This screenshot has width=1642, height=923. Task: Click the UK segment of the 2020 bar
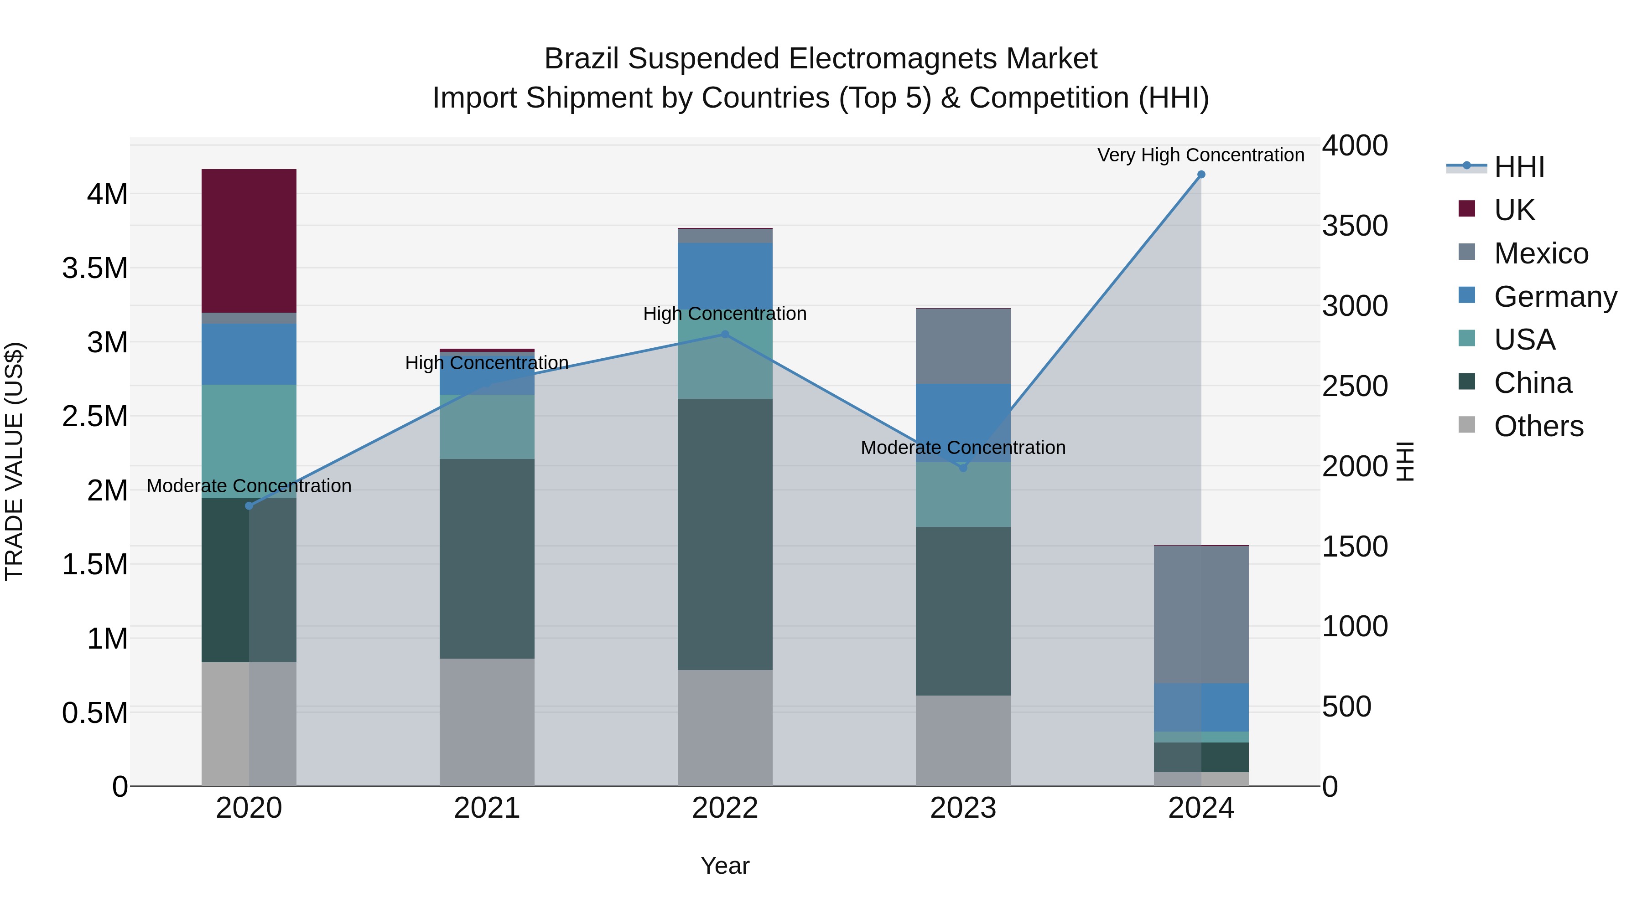(249, 241)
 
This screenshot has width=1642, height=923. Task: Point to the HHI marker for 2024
(1201, 175)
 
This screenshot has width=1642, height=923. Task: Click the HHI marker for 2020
(249, 506)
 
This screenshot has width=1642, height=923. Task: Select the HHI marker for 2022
(725, 335)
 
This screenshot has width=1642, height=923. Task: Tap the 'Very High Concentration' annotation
(1200, 155)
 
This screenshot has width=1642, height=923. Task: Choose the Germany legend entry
(1555, 297)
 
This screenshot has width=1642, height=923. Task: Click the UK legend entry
(1514, 210)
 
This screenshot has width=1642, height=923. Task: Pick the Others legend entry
(1538, 426)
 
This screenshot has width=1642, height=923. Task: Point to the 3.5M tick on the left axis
(95, 268)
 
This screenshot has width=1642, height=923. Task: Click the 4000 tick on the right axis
(1355, 145)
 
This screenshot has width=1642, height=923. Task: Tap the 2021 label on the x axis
(487, 808)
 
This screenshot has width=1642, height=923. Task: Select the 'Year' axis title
(725, 866)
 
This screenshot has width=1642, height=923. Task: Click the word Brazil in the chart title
(582, 59)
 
